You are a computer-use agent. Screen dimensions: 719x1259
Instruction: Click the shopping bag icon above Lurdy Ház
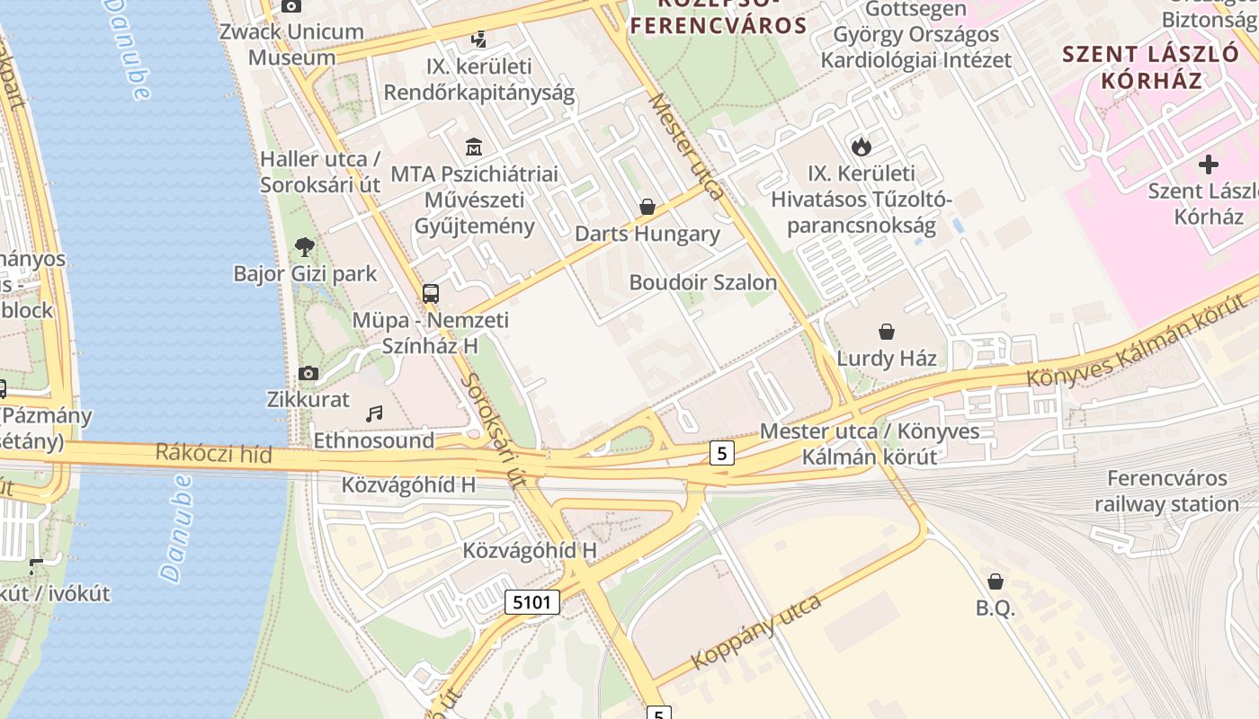[x=887, y=332]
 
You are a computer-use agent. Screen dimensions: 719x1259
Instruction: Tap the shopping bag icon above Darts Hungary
[x=647, y=208]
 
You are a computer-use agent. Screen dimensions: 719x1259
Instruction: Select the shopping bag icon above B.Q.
[x=996, y=581]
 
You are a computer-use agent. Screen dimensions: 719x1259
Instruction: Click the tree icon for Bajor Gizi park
[x=305, y=246]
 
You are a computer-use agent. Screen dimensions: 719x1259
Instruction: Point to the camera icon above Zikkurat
[x=308, y=373]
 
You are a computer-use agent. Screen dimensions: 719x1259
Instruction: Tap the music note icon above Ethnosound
[x=374, y=413]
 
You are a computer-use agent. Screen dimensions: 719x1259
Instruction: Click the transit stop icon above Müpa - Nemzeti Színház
[x=431, y=293]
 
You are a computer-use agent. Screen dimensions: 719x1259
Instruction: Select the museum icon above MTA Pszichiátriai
[x=474, y=146]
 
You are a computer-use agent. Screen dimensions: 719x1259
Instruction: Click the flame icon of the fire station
[x=862, y=146]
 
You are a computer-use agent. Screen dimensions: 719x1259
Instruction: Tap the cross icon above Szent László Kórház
[x=1209, y=164]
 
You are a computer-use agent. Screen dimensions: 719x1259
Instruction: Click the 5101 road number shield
[x=531, y=601]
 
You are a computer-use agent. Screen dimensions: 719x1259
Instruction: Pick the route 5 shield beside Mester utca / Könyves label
[x=721, y=453]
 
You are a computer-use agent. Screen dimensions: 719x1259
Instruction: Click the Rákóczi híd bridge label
[x=213, y=453]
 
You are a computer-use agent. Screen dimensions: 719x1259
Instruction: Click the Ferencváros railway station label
[x=1166, y=491]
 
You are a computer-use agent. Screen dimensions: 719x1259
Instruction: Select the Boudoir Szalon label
[x=702, y=282]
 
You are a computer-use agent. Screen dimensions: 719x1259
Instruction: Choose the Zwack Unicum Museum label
[x=293, y=44]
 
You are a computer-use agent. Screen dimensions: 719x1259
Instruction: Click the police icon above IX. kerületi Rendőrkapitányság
[x=479, y=40]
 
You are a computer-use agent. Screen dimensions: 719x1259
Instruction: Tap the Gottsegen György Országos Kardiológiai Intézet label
[x=915, y=36]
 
